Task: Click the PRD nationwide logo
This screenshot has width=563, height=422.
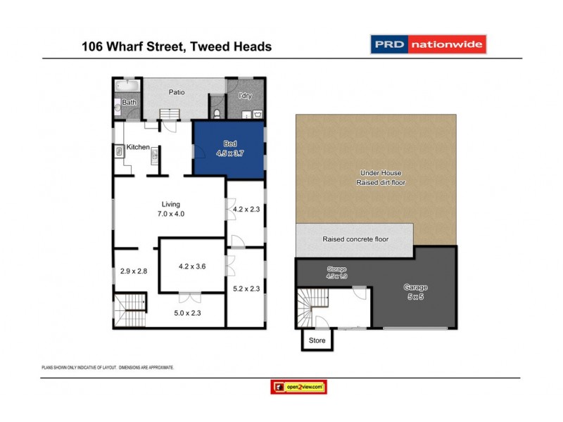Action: [428, 44]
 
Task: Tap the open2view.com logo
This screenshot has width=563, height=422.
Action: [298, 387]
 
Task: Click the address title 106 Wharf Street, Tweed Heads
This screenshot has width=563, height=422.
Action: [177, 47]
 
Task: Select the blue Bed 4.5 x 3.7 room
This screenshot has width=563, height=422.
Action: [229, 148]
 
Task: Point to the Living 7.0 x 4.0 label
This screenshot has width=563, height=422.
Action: [172, 209]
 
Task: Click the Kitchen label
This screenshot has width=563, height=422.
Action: [138, 147]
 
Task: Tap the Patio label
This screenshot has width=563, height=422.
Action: [176, 92]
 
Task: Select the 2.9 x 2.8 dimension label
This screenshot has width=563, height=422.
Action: [133, 271]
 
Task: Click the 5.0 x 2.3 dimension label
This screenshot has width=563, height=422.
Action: [187, 314]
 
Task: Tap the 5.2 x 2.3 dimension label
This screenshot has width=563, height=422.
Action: [246, 288]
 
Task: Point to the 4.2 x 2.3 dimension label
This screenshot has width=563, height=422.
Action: [246, 208]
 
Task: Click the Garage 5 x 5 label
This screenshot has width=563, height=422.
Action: [415, 292]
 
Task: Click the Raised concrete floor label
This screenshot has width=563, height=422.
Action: [355, 239]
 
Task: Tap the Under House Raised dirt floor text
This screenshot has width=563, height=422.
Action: [382, 177]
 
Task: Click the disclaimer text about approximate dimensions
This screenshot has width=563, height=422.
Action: [108, 368]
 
